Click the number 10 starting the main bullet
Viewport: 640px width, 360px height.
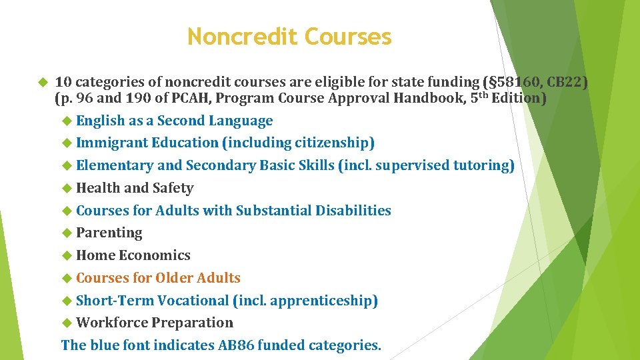63,83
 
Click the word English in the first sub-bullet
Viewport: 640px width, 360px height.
101,121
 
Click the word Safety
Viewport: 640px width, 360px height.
173,188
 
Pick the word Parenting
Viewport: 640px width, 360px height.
109,233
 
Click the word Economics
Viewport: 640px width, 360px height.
155,255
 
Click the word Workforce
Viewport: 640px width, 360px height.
112,323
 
